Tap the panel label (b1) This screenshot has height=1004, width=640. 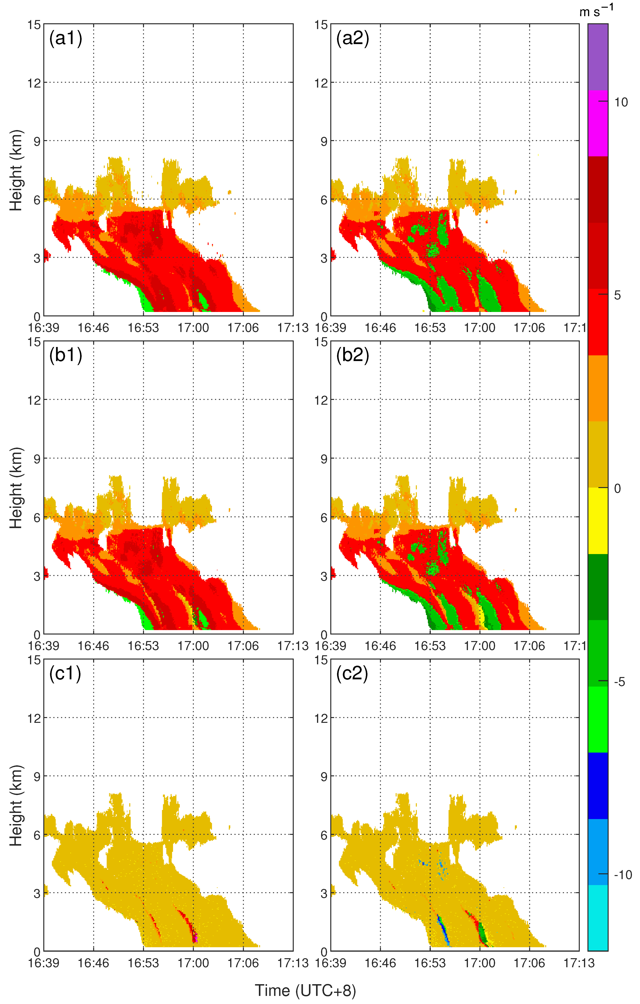pos(65,355)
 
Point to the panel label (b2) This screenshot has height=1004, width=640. pos(352,355)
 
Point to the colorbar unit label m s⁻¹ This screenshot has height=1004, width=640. pos(596,11)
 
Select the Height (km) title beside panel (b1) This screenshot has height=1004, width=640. pos(16,488)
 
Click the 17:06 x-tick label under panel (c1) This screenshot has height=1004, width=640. pos(243,963)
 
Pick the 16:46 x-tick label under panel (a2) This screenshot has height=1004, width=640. pos(380,328)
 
